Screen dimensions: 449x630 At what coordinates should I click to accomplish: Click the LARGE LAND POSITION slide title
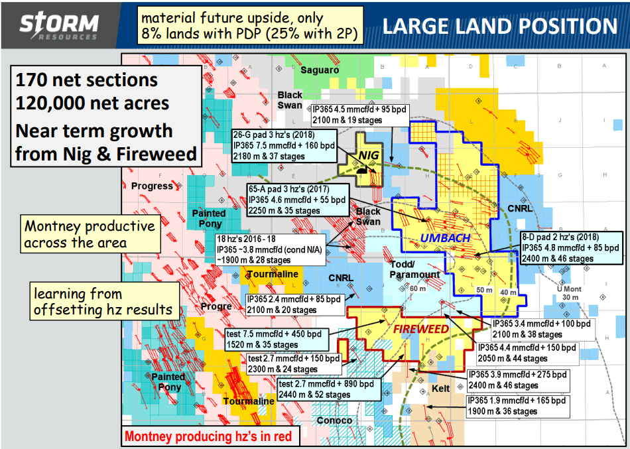(x=500, y=26)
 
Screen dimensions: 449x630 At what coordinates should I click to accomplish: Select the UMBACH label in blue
(x=446, y=237)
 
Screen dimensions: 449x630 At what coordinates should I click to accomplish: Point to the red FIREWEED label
(x=415, y=328)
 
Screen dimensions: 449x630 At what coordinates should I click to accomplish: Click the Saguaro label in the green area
(x=320, y=70)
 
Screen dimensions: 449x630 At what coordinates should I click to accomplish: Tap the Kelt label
(x=440, y=388)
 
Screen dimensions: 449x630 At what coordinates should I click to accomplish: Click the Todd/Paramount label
(x=414, y=269)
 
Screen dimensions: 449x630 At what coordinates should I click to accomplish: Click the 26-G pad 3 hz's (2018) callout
(x=283, y=145)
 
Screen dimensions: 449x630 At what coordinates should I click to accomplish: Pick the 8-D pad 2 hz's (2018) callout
(x=570, y=247)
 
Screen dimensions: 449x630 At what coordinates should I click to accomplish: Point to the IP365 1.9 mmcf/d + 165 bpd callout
(x=519, y=406)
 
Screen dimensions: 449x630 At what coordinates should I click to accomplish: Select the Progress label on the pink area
(x=152, y=186)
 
